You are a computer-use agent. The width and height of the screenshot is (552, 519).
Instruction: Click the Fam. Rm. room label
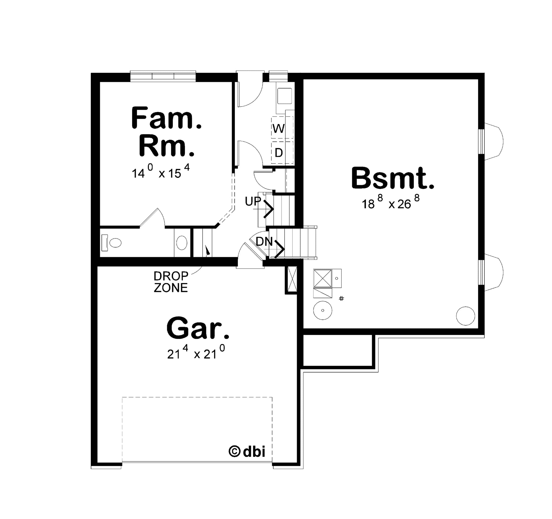(x=166, y=132)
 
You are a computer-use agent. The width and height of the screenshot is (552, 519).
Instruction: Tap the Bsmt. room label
(x=393, y=178)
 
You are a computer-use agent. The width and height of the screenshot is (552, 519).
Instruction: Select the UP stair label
(x=253, y=201)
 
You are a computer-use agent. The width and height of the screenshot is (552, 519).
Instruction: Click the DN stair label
(x=264, y=242)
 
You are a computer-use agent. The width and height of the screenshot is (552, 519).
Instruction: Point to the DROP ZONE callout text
(x=171, y=282)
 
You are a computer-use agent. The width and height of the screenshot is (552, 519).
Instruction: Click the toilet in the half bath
(x=112, y=243)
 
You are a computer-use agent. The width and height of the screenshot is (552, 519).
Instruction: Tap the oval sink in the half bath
(x=182, y=243)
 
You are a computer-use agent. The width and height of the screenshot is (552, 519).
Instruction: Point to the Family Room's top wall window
(x=163, y=76)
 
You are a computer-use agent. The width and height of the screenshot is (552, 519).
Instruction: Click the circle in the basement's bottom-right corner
(x=466, y=316)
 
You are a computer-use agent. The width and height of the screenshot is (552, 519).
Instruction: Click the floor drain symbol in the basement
(x=341, y=299)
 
